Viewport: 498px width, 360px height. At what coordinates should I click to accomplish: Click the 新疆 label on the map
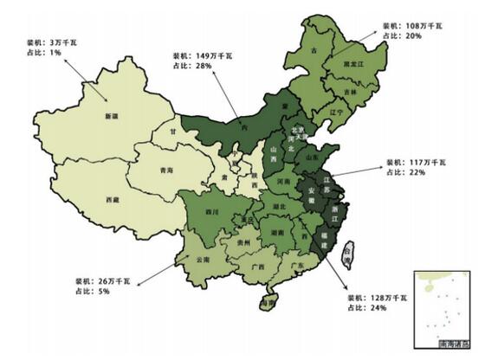[x=111, y=116]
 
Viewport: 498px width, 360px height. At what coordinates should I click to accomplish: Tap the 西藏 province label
[x=113, y=200]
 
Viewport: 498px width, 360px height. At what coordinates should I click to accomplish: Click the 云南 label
[x=204, y=259]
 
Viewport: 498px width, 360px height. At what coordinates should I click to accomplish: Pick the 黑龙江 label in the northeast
[x=354, y=65]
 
